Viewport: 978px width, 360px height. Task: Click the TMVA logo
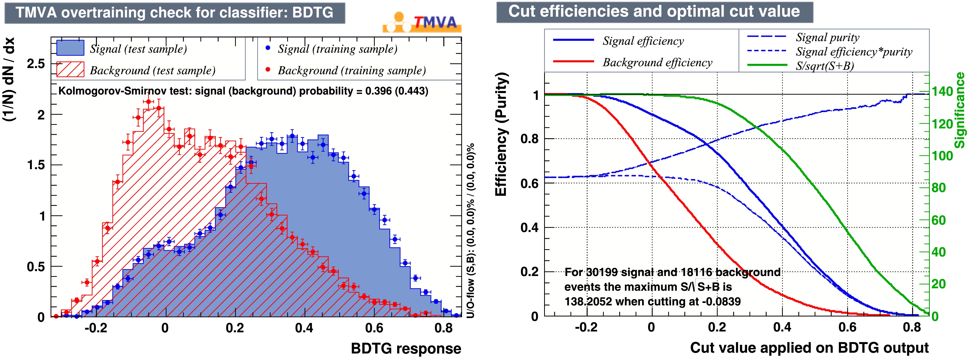[422, 23]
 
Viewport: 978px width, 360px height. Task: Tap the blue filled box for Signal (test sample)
[70, 48]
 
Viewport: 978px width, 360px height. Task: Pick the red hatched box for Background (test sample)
[70, 70]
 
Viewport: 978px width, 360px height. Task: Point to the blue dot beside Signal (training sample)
[268, 48]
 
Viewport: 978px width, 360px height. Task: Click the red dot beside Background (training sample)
[268, 70]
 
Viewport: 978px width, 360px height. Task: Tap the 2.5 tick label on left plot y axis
[36, 64]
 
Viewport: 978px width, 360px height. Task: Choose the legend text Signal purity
[827, 37]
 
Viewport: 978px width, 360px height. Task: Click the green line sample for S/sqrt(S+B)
[767, 65]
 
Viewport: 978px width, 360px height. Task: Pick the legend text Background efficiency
[657, 62]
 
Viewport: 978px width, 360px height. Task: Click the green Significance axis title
[959, 110]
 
